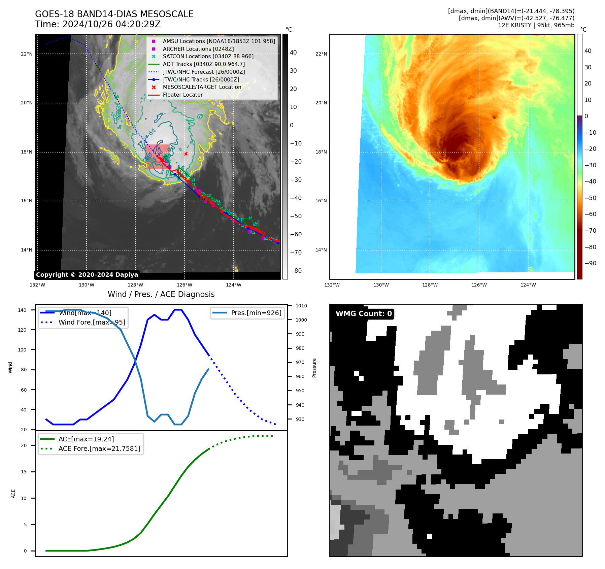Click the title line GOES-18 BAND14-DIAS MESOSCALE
[x=114, y=14]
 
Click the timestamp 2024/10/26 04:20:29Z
[x=111, y=24]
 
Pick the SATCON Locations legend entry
[x=208, y=57]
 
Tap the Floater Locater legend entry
[x=182, y=95]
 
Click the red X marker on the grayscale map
[x=186, y=154]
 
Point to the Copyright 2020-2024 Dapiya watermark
[x=87, y=275]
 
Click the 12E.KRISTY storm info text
[x=536, y=25]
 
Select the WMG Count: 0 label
[x=364, y=314]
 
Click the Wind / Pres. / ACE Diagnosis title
[x=161, y=294]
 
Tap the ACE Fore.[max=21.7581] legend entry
[x=99, y=448]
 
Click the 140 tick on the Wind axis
[x=22, y=310]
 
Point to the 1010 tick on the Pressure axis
[x=301, y=306]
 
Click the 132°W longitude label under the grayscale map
[x=37, y=285]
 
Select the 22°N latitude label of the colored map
[x=321, y=54]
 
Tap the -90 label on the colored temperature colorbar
[x=590, y=263]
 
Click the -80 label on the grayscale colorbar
[x=296, y=271]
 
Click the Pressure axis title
[x=314, y=368]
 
